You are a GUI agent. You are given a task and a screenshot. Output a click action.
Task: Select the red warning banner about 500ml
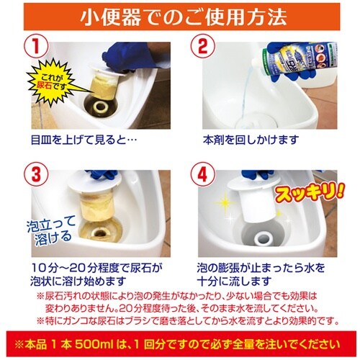point(180,343)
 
